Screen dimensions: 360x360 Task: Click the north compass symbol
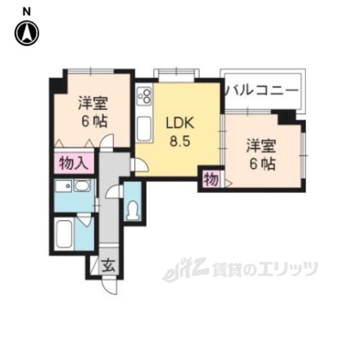pos(26,33)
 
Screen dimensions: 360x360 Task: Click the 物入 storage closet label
pos(74,164)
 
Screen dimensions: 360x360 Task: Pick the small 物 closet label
pos(210,180)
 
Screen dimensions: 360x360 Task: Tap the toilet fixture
pos(133,209)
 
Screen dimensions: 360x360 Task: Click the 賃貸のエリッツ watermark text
pos(264,269)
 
